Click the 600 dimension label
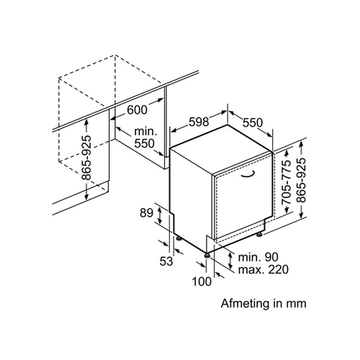[137, 110]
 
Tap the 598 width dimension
[199, 122]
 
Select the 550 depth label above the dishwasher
[253, 122]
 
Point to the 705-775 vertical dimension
[287, 182]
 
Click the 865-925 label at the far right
[301, 180]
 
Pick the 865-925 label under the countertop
[86, 158]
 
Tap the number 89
[146, 212]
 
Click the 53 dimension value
[166, 261]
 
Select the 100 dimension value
[202, 282]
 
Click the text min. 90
[258, 257]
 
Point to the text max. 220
[264, 269]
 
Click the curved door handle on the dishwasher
[248, 175]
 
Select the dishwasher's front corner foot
[207, 256]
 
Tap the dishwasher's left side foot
[179, 238]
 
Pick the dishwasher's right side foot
[259, 235]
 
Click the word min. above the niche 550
[145, 132]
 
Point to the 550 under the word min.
[144, 143]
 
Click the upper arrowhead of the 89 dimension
[159, 210]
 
